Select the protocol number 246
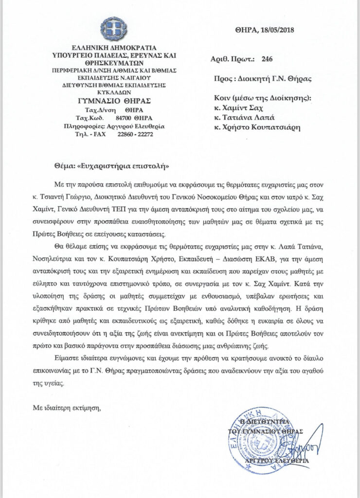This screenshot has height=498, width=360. [267, 60]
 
